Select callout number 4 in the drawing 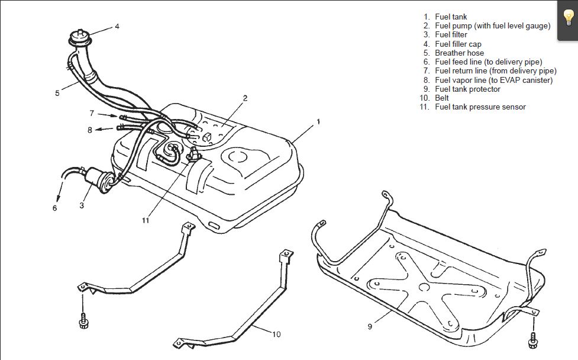coord(117,26)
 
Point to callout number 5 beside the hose coord(57,93)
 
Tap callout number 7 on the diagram coord(92,112)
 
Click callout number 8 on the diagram coord(89,130)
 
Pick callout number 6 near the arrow coord(54,208)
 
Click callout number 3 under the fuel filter coord(82,205)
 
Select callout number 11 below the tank coord(146,221)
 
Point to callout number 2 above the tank coord(244,98)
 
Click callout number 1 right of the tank coord(318,121)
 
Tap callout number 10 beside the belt coord(276,334)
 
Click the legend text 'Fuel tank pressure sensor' coord(480,107)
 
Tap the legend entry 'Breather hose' coord(459,53)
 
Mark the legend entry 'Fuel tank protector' coord(467,89)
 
